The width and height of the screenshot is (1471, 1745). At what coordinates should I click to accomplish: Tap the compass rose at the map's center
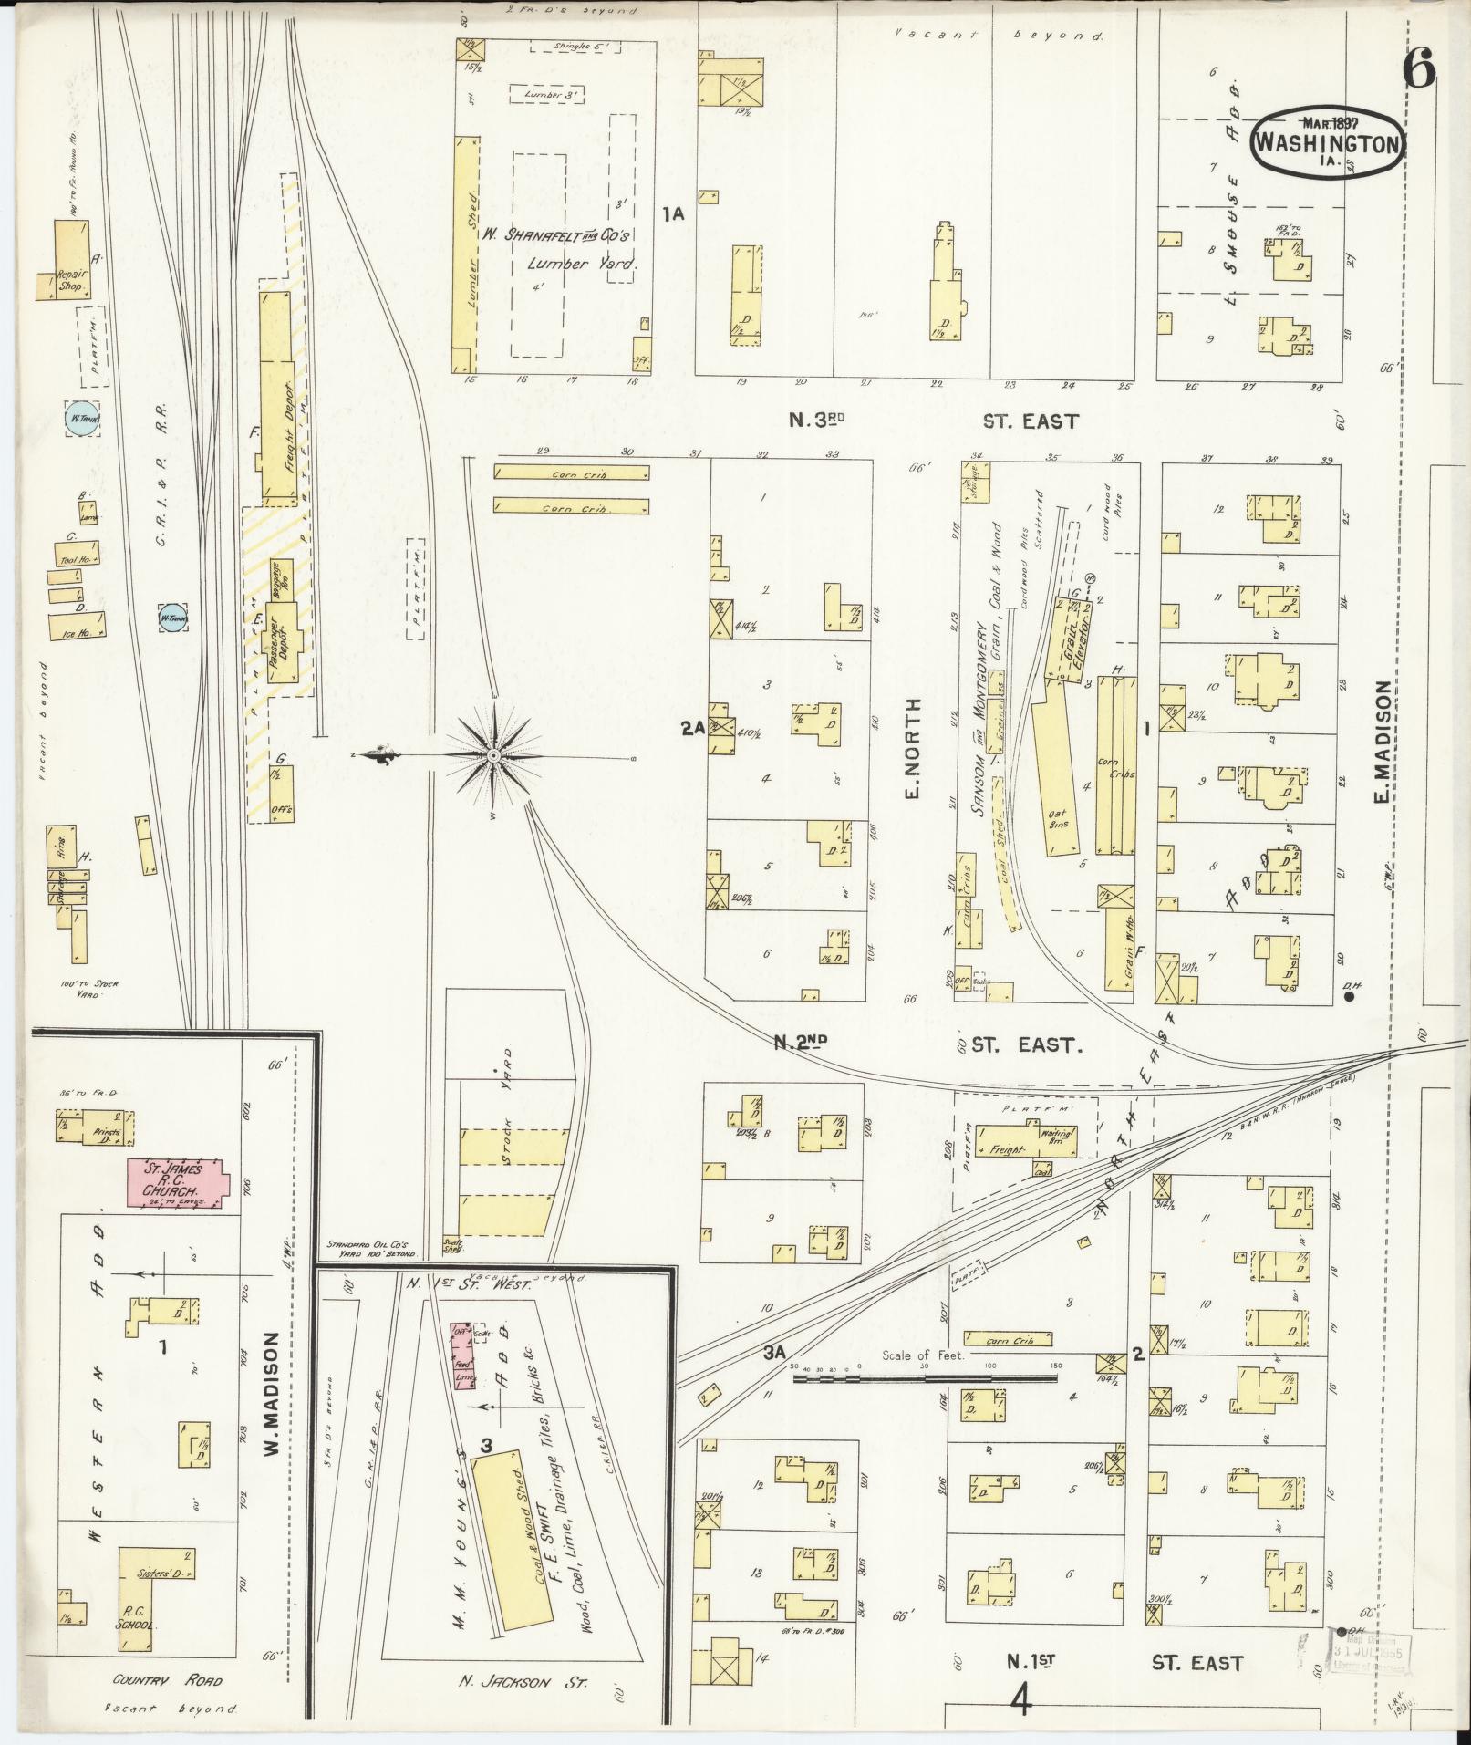pyautogui.click(x=493, y=755)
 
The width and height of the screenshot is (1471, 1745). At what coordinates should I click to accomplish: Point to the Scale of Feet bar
pyautogui.click(x=924, y=1378)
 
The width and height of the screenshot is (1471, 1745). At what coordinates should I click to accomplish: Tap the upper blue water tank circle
pyautogui.click(x=80, y=419)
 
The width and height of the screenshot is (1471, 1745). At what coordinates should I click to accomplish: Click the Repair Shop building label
pyautogui.click(x=70, y=280)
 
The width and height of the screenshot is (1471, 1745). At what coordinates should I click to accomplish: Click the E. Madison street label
pyautogui.click(x=1382, y=743)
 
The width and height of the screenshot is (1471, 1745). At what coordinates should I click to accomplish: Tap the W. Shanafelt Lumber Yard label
pyautogui.click(x=571, y=249)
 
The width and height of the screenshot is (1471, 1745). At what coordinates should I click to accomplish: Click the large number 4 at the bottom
pyautogui.click(x=1021, y=1699)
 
